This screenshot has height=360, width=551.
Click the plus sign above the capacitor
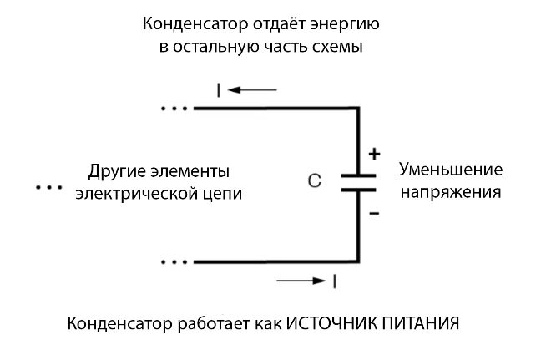pyautogui.click(x=374, y=154)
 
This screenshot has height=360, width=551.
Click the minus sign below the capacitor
pyautogui.click(x=374, y=214)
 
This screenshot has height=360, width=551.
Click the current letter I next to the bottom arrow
pyautogui.click(x=334, y=281)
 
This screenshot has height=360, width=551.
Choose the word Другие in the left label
pyautogui.click(x=115, y=172)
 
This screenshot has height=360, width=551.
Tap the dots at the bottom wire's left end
pyautogui.click(x=175, y=261)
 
